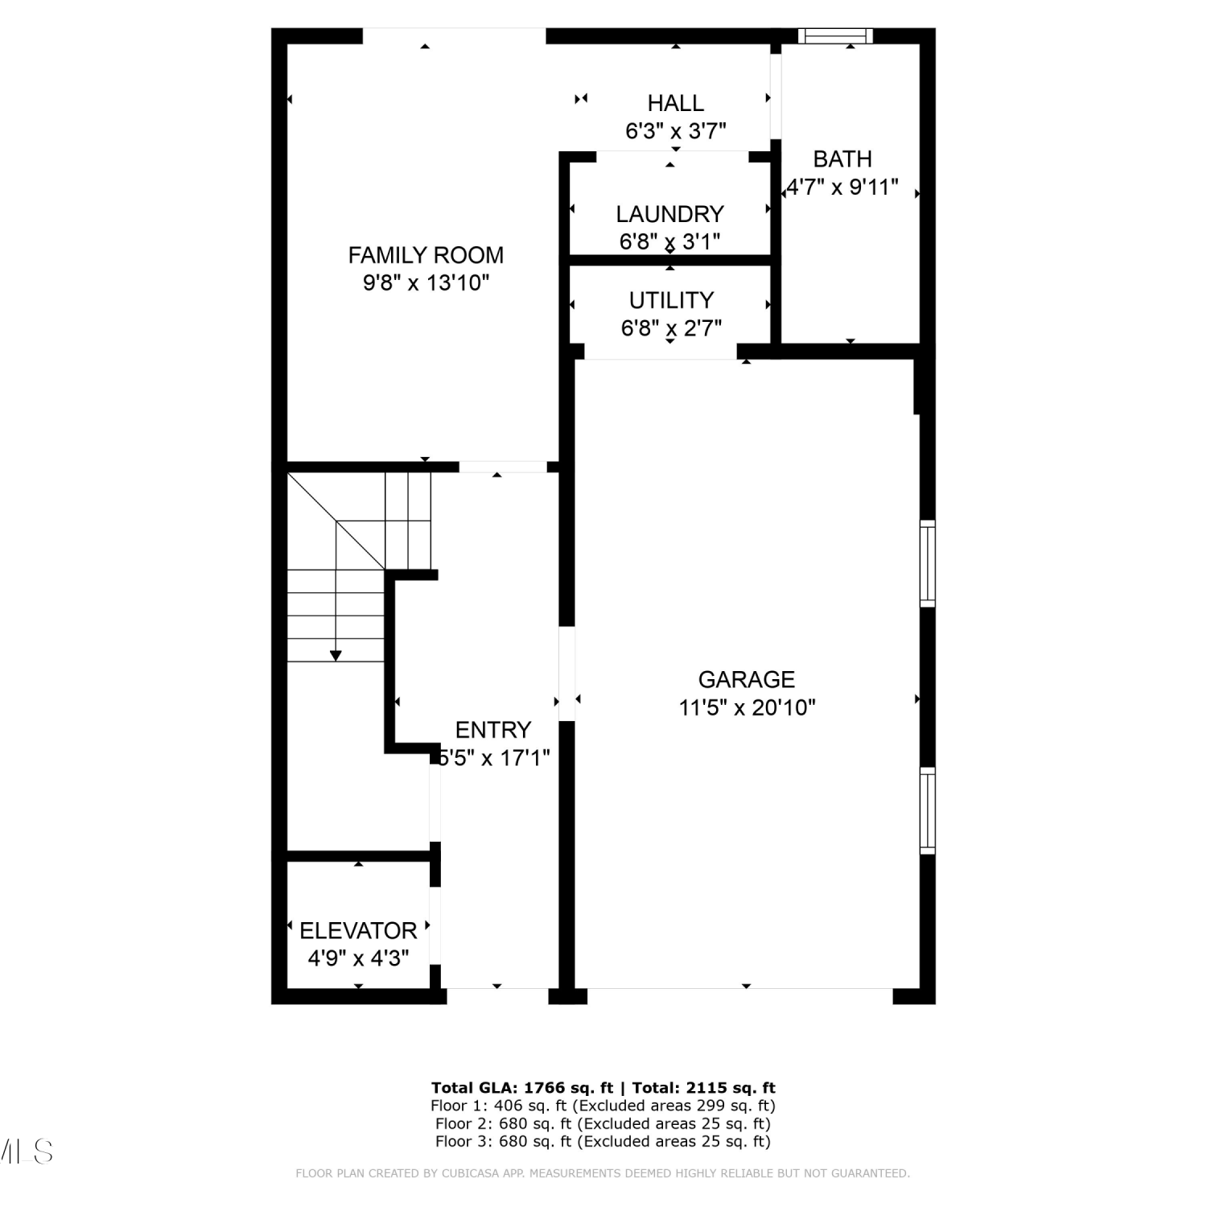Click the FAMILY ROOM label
click(x=426, y=255)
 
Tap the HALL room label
click(x=676, y=103)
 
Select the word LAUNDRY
click(x=670, y=214)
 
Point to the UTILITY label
click(x=671, y=300)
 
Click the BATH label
click(x=842, y=159)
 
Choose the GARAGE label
click(x=747, y=680)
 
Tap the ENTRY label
click(x=493, y=730)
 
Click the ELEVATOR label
click(x=358, y=931)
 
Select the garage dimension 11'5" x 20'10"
click(x=748, y=708)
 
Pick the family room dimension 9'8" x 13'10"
click(x=426, y=283)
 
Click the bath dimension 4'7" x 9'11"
click(x=842, y=187)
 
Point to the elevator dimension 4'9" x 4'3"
click(x=358, y=959)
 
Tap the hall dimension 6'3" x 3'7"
click(x=676, y=131)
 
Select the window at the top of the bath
click(x=835, y=35)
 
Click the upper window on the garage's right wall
click(x=928, y=563)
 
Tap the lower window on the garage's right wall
click(x=928, y=811)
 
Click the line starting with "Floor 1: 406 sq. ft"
click(x=603, y=1106)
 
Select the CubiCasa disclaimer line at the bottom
click(x=603, y=1173)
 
